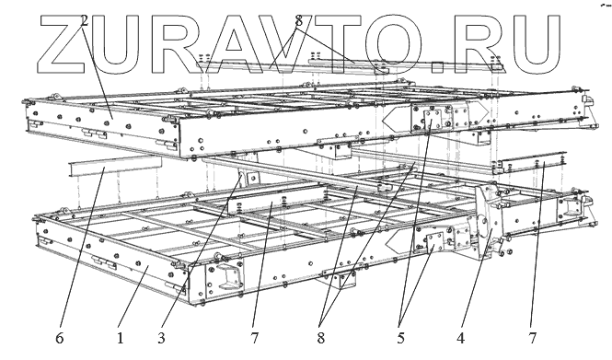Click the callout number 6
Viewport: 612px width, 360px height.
pos(59,338)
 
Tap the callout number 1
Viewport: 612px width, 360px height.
pos(121,338)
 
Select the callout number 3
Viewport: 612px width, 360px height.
pos(162,338)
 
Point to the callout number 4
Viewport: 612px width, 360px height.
pos(461,338)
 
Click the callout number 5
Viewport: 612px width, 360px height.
pos(401,338)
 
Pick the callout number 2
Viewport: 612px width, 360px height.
pos(85,20)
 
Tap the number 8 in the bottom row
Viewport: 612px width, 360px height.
pos(321,338)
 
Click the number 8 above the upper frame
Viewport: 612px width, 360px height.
pos(299,20)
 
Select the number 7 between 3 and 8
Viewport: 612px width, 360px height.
pos(255,338)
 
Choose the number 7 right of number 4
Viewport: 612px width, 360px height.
pos(533,338)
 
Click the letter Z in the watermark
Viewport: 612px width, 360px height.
pos(63,44)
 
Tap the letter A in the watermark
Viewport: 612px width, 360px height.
pos(234,44)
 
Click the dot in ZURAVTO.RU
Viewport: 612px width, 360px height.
pos(438,67)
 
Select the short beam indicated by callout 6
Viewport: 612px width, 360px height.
pos(114,166)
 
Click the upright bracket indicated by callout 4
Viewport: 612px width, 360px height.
pos(486,223)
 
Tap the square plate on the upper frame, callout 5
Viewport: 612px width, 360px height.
pos(433,119)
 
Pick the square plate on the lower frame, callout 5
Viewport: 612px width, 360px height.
pos(434,242)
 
